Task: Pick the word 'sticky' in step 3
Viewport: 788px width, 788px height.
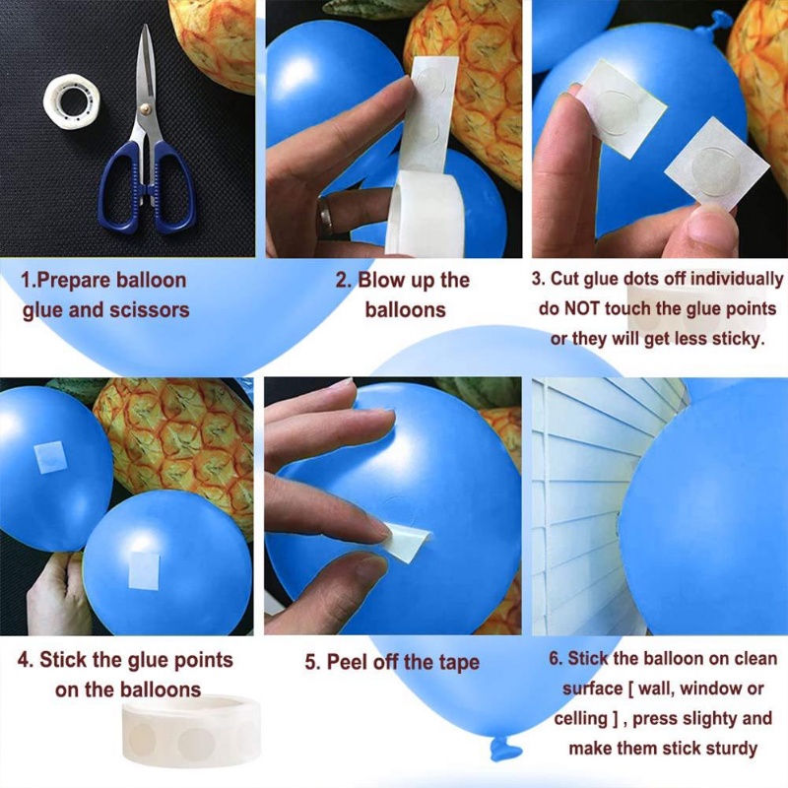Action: tap(734, 339)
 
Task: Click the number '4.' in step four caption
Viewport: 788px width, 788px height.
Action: tap(26, 660)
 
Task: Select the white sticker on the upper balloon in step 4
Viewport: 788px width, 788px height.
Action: tap(49, 456)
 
